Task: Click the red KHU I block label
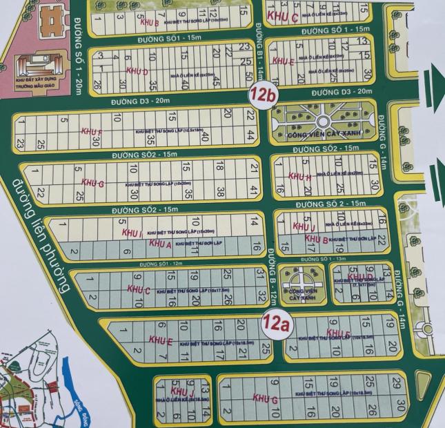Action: [131, 235]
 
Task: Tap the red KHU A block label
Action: [159, 244]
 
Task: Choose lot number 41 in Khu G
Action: [254, 189]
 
